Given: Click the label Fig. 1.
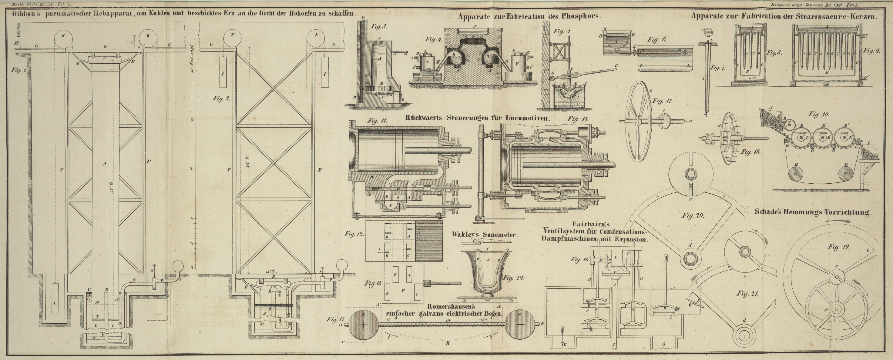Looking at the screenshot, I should pyautogui.click(x=16, y=70).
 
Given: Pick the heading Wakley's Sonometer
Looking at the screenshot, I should pyautogui.click(x=484, y=235).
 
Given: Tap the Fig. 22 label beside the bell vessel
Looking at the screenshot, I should pyautogui.click(x=513, y=278).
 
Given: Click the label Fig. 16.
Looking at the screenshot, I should pyautogui.click(x=580, y=259).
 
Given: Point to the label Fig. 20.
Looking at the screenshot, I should pyautogui.click(x=693, y=215).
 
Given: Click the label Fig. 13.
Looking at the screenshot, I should pyautogui.click(x=373, y=283).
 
